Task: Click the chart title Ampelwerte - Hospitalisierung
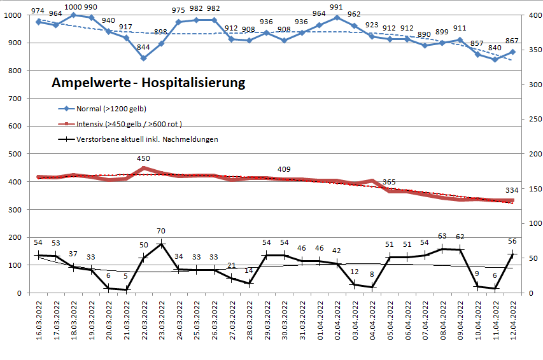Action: coord(148,83)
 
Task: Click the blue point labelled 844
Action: coord(143,58)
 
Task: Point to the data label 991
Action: coord(337,8)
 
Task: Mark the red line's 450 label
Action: coord(144,158)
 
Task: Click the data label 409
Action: coord(285,169)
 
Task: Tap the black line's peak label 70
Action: coord(161,232)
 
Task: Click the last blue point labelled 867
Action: coord(512,52)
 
